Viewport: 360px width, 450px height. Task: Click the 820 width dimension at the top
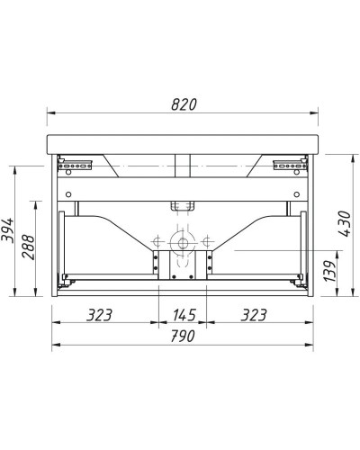pyautogui.click(x=183, y=104)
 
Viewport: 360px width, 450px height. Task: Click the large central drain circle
pyautogui.click(x=183, y=243)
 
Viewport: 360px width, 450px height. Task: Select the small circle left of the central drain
pyautogui.click(x=158, y=243)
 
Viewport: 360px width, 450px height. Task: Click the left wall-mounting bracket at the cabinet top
pyautogui.click(x=76, y=164)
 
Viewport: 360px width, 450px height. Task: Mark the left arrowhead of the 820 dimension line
pyautogui.click(x=49, y=113)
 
